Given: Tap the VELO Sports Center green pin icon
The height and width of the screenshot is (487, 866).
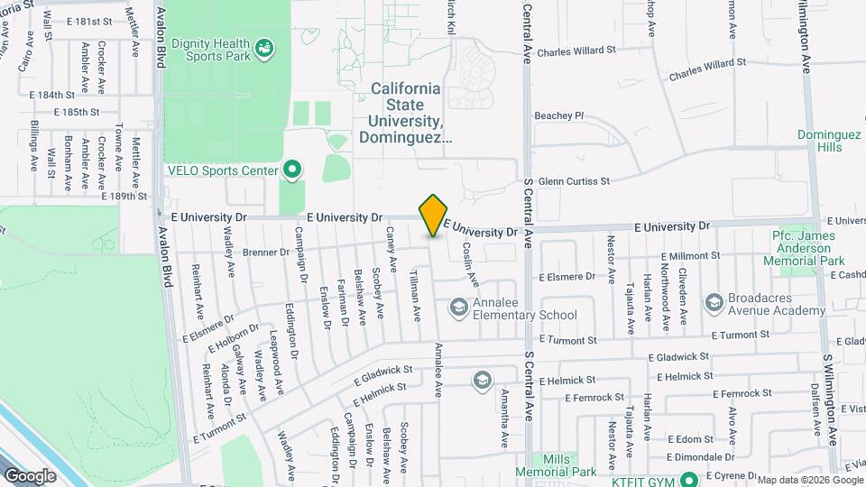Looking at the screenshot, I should (x=292, y=170).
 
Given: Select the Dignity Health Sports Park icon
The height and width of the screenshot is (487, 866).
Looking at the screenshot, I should (x=264, y=47).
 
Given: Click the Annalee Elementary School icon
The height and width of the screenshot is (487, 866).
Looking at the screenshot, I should (x=459, y=308).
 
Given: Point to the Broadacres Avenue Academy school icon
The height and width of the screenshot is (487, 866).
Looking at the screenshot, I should (x=714, y=301).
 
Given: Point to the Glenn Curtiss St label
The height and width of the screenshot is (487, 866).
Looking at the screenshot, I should (x=574, y=181).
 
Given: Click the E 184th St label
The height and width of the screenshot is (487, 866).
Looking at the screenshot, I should (x=51, y=95).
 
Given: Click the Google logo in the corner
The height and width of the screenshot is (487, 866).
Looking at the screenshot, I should (x=30, y=475).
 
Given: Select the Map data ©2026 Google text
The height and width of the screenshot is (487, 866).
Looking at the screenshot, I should (x=809, y=480).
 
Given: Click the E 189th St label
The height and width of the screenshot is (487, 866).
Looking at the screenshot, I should (x=124, y=196).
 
